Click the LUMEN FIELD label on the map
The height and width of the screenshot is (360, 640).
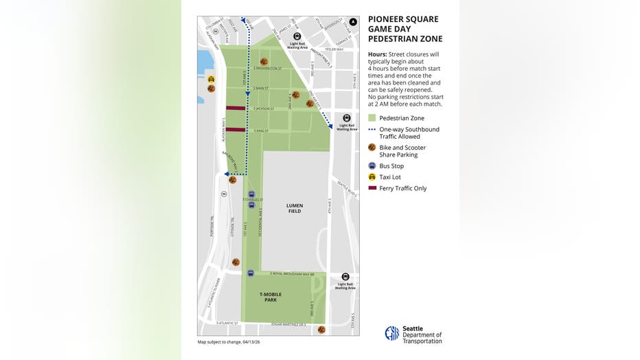point(295,208)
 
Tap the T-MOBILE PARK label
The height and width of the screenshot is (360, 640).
point(271,297)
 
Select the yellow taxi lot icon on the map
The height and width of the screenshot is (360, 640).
point(211,79)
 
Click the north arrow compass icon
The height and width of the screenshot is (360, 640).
point(352,22)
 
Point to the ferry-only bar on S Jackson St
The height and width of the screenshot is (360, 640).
point(236,108)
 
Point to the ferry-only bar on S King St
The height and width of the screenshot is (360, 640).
point(236,129)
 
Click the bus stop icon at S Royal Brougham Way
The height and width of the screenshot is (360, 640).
point(251,273)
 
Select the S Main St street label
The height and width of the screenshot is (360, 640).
point(260,88)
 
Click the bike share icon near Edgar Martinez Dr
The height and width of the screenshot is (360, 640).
point(321,330)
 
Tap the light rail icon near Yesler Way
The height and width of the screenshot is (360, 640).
point(297,36)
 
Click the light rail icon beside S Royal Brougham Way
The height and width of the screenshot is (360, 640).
point(345,276)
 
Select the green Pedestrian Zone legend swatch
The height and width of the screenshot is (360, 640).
point(372,118)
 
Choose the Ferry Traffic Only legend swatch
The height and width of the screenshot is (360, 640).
point(372,188)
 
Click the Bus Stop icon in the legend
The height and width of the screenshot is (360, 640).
point(372,166)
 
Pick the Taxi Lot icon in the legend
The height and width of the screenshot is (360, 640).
point(372,177)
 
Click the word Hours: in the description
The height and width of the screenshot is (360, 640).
point(377,54)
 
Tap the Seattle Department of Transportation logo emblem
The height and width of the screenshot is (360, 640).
point(391,334)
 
